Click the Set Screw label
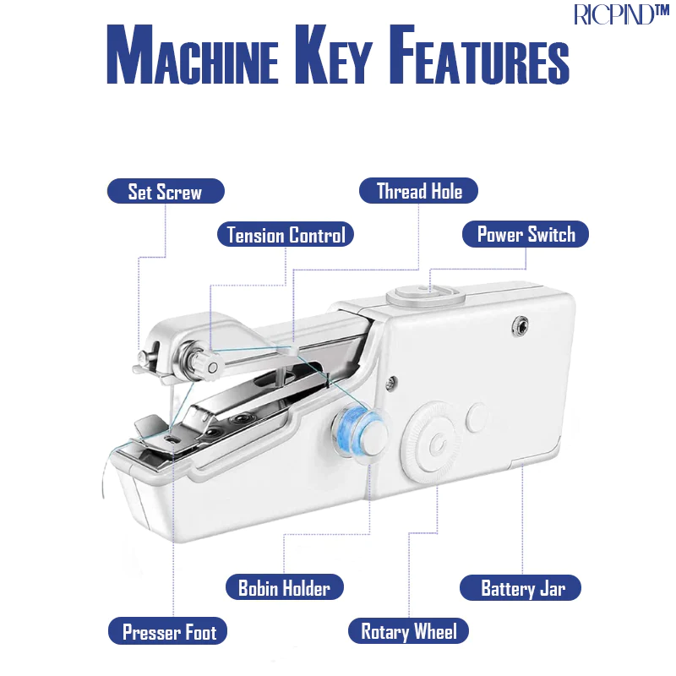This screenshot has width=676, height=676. pyautogui.click(x=166, y=191)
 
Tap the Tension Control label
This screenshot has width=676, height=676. pyautogui.click(x=286, y=235)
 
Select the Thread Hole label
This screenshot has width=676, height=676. pyautogui.click(x=418, y=191)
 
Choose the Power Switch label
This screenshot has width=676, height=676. pyautogui.click(x=526, y=234)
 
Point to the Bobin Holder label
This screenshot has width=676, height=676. pyautogui.click(x=285, y=587)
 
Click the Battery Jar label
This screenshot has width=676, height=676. pyautogui.click(x=521, y=587)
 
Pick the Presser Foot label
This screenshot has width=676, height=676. pyautogui.click(x=167, y=631)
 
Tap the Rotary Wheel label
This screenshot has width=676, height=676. pyautogui.click(x=408, y=631)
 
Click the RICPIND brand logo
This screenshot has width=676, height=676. pyautogui.click(x=621, y=14)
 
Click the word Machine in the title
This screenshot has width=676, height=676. pyautogui.click(x=193, y=54)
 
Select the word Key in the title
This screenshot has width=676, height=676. pyautogui.click(x=333, y=54)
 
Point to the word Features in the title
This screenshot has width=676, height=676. pyautogui.click(x=479, y=54)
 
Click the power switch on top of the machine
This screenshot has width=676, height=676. pyautogui.click(x=426, y=295)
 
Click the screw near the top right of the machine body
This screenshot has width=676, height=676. pyautogui.click(x=521, y=325)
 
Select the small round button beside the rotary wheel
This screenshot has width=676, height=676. pyautogui.click(x=477, y=417)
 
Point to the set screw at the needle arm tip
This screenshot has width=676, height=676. pyautogui.click(x=143, y=357)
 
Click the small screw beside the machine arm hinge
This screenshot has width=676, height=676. pyautogui.click(x=391, y=383)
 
